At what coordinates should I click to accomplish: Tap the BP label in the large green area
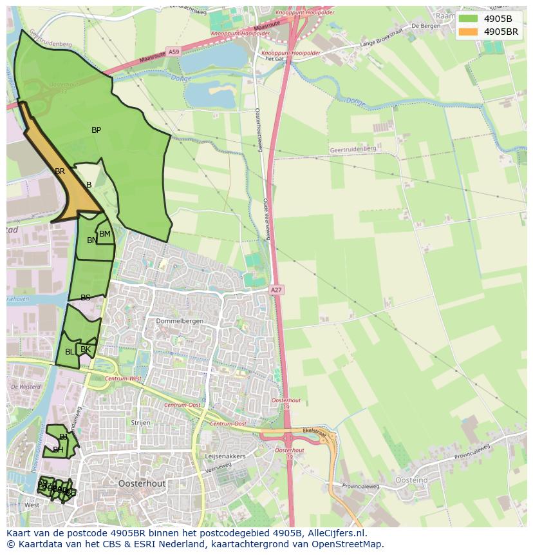click(x=96, y=130)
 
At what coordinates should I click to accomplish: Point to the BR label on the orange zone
click(x=60, y=171)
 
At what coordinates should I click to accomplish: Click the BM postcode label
click(x=105, y=234)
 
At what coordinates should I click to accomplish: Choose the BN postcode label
click(x=92, y=240)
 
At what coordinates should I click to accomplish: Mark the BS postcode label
click(x=85, y=298)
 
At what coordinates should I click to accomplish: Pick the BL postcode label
click(x=70, y=352)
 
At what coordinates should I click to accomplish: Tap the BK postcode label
click(x=86, y=349)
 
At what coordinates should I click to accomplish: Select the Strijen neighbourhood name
click(x=140, y=423)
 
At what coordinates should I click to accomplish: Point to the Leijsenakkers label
click(x=225, y=456)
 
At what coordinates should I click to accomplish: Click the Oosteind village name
click(x=412, y=481)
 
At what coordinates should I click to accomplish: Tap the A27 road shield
click(x=276, y=291)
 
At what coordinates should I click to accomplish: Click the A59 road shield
click(x=173, y=51)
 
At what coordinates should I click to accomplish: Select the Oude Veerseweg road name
click(x=266, y=219)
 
